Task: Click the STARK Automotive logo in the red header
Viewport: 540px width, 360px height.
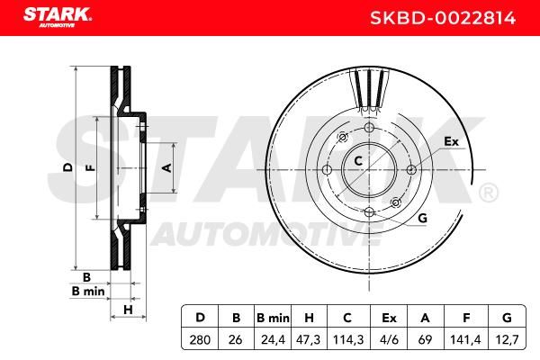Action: pyautogui.click(x=58, y=18)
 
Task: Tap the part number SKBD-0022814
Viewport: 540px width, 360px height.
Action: pyautogui.click(x=443, y=18)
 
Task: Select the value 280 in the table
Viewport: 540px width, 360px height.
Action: pyautogui.click(x=200, y=340)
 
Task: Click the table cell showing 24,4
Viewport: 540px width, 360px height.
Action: pyautogui.click(x=273, y=340)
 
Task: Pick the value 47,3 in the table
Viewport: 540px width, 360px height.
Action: pyautogui.click(x=308, y=340)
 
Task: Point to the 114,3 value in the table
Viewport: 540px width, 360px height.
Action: pyautogui.click(x=348, y=340)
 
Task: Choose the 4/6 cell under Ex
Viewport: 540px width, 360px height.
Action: pyautogui.click(x=389, y=340)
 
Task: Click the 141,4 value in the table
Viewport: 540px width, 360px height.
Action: pyautogui.click(x=465, y=340)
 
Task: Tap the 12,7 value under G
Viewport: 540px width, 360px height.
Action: pyautogui.click(x=507, y=340)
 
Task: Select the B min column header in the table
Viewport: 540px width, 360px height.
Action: pyautogui.click(x=273, y=318)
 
